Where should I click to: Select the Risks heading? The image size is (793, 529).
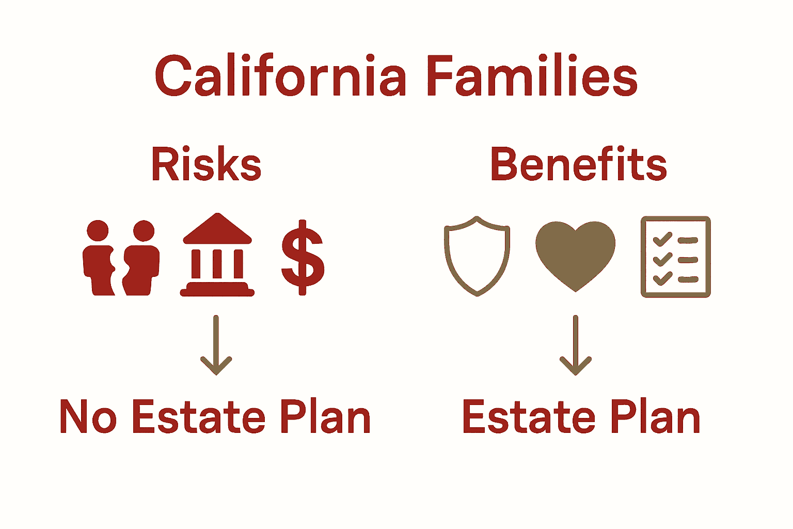click(x=206, y=164)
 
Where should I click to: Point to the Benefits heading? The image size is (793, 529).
click(x=578, y=164)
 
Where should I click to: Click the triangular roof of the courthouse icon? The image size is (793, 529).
click(x=217, y=229)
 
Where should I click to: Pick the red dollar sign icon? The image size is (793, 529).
click(x=303, y=257)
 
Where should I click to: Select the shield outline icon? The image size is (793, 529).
click(x=477, y=256)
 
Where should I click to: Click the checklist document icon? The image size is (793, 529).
click(x=675, y=257)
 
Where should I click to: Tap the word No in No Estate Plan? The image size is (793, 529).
click(x=88, y=417)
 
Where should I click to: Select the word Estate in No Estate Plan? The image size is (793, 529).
click(x=199, y=417)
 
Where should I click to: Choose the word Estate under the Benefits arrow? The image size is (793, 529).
click(x=529, y=417)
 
